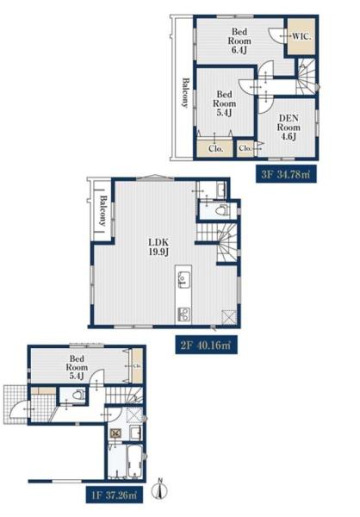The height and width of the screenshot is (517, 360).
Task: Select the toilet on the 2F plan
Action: point(218,209)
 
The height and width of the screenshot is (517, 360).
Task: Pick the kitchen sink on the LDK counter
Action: point(183,277)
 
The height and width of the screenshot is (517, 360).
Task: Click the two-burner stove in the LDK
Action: point(183,312)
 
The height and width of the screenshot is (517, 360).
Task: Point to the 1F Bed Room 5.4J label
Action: point(78,365)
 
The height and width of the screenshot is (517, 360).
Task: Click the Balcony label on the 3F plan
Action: point(183,92)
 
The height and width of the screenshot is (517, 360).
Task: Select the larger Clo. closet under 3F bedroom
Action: point(214,147)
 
